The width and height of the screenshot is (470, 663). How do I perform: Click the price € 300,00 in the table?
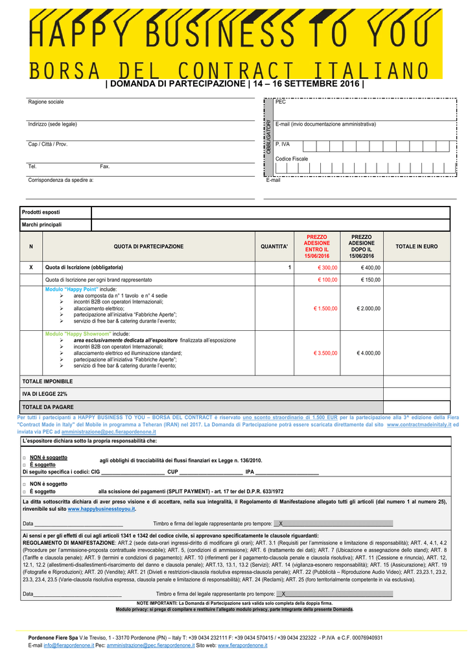coord(327,267)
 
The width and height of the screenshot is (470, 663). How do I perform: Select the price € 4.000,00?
coord(368,353)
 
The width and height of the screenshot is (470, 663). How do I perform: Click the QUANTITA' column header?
coord(274,247)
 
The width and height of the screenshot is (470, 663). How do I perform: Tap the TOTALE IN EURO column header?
coord(416,247)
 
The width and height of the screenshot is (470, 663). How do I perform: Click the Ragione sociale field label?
coord(46,102)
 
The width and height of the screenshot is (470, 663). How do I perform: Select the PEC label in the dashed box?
coord(280,102)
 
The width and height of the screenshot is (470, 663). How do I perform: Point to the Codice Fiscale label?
coord(292,159)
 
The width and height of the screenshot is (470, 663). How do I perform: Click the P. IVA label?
coord(283,144)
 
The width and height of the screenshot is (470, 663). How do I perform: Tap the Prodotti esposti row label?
coord(41,212)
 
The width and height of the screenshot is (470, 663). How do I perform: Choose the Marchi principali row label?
coord(41,225)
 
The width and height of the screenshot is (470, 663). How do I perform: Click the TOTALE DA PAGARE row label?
coord(48,407)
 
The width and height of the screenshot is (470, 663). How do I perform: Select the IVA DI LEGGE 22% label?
coord(45,394)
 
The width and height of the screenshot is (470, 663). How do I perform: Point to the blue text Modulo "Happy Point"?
coord(71,289)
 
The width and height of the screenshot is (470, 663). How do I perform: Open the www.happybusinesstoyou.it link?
coord(101,510)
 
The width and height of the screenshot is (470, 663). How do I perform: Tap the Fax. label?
coord(105,166)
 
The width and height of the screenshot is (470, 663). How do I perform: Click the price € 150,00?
coord(371,280)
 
